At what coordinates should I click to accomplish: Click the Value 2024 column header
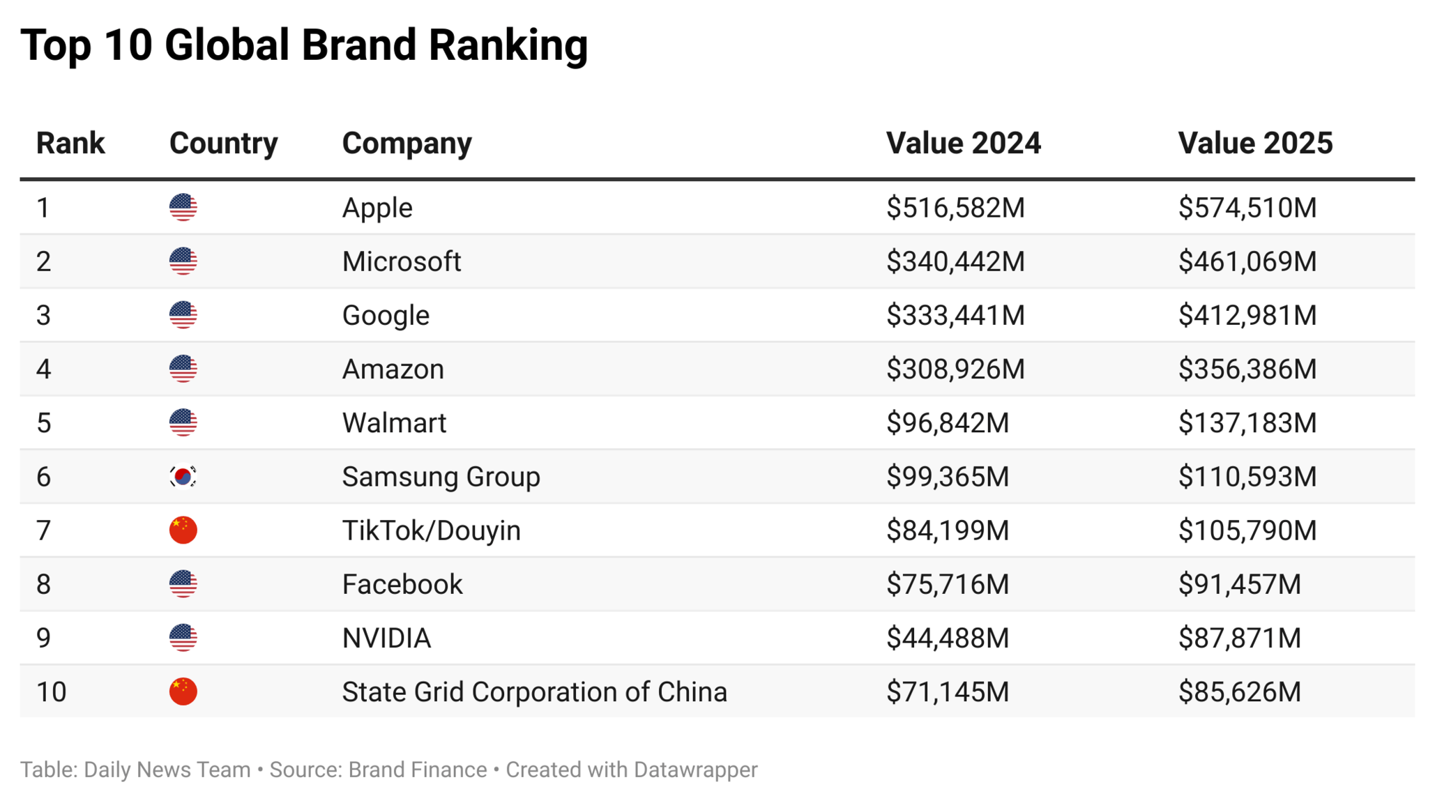click(x=962, y=143)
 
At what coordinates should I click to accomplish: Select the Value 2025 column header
click(x=1254, y=143)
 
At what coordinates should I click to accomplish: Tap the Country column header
click(x=223, y=143)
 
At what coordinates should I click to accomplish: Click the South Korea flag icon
click(x=183, y=477)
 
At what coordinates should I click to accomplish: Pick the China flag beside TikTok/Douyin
click(x=183, y=530)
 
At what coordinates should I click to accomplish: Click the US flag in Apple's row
click(x=183, y=208)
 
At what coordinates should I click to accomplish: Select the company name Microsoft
click(x=401, y=261)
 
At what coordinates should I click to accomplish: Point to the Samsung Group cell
click(x=441, y=477)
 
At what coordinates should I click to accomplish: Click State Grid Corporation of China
click(x=534, y=692)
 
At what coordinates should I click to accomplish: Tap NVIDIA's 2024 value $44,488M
click(x=947, y=638)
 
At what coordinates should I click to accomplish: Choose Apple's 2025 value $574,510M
click(x=1247, y=208)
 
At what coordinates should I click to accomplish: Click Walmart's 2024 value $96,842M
click(x=947, y=423)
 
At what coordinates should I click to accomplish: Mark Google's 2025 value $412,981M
click(x=1247, y=315)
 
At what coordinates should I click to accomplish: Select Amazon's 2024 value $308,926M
click(x=955, y=369)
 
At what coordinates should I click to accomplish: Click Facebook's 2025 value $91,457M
click(x=1239, y=584)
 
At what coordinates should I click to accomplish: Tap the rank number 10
click(x=51, y=692)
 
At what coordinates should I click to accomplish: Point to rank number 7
click(x=43, y=530)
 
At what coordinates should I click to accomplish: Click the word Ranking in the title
click(x=508, y=45)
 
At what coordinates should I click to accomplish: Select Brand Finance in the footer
click(x=417, y=770)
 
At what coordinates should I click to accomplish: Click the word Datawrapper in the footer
click(x=695, y=770)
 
